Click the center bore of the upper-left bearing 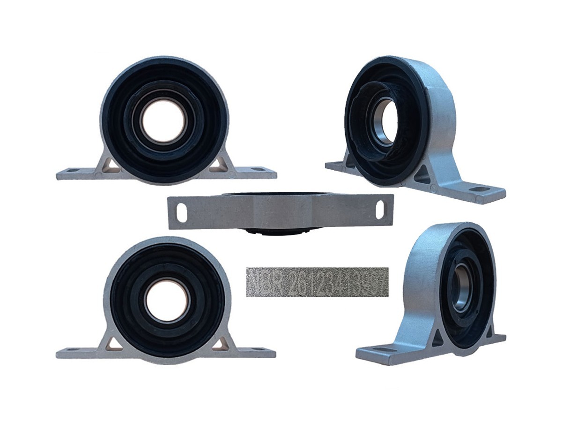(x=164, y=121)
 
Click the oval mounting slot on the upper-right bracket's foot (x=479, y=189)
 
